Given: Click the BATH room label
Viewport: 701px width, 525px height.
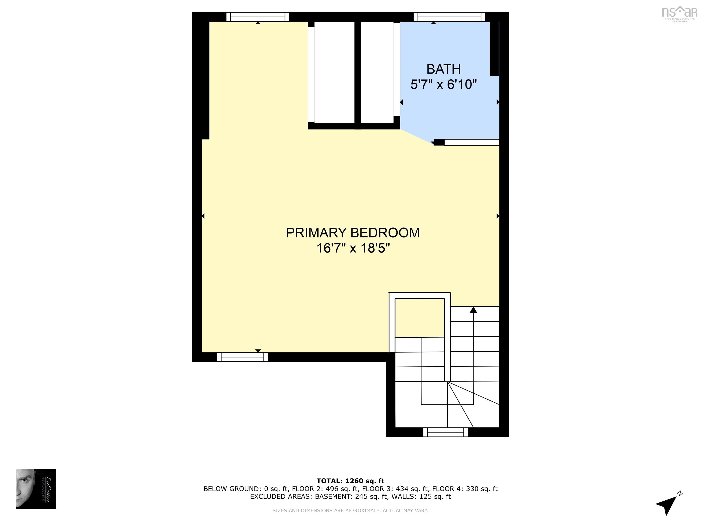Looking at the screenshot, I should [x=443, y=69].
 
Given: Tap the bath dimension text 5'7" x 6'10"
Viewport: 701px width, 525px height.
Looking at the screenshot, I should [x=443, y=85].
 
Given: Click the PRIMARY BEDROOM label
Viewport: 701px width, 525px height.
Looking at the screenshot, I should [x=353, y=233].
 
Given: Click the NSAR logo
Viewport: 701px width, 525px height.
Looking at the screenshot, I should [x=680, y=13].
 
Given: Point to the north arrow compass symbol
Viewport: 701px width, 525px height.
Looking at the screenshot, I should [x=667, y=503].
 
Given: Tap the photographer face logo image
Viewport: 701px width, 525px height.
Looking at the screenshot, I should [x=36, y=489].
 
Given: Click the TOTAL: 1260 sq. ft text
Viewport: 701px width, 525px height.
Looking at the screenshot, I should [x=350, y=481].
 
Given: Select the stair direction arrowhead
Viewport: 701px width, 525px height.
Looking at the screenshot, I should [x=473, y=310].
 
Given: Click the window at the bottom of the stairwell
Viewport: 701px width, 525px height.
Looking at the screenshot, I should [x=445, y=432].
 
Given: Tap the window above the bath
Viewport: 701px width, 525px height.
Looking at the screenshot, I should [x=449, y=17].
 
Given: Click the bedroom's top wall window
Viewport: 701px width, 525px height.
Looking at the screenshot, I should [x=258, y=17].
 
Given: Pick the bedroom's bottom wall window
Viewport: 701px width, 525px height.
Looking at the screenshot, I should [x=242, y=357].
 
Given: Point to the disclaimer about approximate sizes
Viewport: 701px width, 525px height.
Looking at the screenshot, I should [x=350, y=510].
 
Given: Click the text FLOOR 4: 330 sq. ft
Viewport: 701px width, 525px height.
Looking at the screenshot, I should [x=465, y=489].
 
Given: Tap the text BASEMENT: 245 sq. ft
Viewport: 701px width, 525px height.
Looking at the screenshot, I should [x=351, y=496].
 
